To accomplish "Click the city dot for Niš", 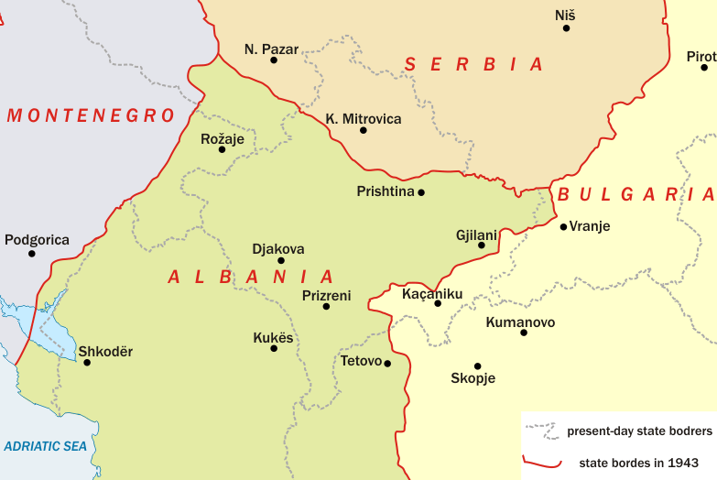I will (566, 28).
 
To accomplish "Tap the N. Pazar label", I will (272, 49).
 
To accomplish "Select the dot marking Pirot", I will (704, 67).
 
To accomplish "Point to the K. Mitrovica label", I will (364, 118).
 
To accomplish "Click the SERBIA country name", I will (474, 64).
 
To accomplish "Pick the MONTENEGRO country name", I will (90, 115).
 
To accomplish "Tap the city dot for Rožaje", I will (222, 149).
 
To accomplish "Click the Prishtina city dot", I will (421, 192).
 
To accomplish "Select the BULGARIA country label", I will (636, 194).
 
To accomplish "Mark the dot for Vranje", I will (563, 226).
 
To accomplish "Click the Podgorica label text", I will (37, 240).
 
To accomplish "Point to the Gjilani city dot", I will (482, 245).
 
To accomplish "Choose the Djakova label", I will (278, 248).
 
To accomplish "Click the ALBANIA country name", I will (251, 277).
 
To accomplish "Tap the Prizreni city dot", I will (326, 306).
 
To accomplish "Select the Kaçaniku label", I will (432, 293).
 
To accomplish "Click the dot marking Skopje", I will (477, 365).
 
